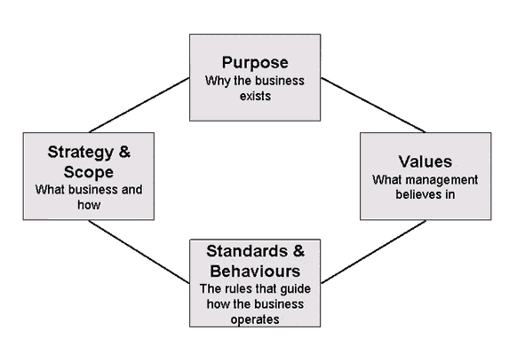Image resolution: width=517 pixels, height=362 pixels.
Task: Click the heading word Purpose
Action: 255,63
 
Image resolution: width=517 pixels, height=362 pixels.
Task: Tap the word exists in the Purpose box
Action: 255,96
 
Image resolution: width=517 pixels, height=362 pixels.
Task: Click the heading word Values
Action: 426,161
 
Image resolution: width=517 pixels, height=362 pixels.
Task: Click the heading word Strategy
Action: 81,153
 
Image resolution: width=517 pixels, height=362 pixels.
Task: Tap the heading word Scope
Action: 89,172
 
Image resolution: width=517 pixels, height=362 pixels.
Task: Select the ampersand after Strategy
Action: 124,152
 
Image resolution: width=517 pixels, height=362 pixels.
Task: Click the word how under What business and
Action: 89,205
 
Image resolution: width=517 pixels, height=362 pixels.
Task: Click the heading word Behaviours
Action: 255,271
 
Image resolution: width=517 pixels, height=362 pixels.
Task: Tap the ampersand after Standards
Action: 298,251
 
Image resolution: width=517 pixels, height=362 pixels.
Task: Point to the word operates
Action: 255,319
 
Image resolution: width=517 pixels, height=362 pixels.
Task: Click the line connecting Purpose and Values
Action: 373,105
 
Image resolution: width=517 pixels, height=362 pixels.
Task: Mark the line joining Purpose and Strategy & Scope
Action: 139,105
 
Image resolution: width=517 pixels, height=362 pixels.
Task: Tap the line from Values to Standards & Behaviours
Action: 373,252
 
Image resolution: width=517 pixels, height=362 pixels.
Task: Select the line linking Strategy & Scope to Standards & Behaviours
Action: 139,252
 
